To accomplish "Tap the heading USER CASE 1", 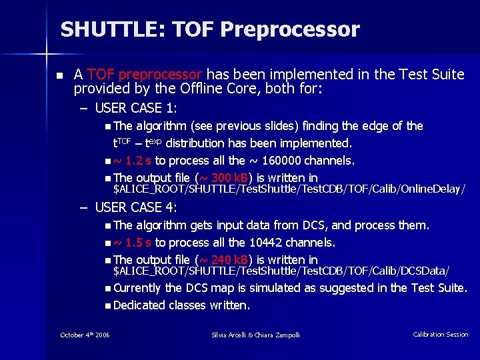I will [136, 108].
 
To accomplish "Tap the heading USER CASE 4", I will [136, 207].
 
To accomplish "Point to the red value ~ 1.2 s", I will [133, 161].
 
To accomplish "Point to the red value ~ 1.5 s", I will [133, 243].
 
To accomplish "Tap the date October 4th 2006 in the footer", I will [85, 335].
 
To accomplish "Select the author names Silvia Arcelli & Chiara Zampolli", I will [255, 335].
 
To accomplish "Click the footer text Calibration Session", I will [440, 335].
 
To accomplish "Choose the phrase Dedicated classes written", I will [181, 305].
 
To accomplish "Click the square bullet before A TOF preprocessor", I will [59, 75].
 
